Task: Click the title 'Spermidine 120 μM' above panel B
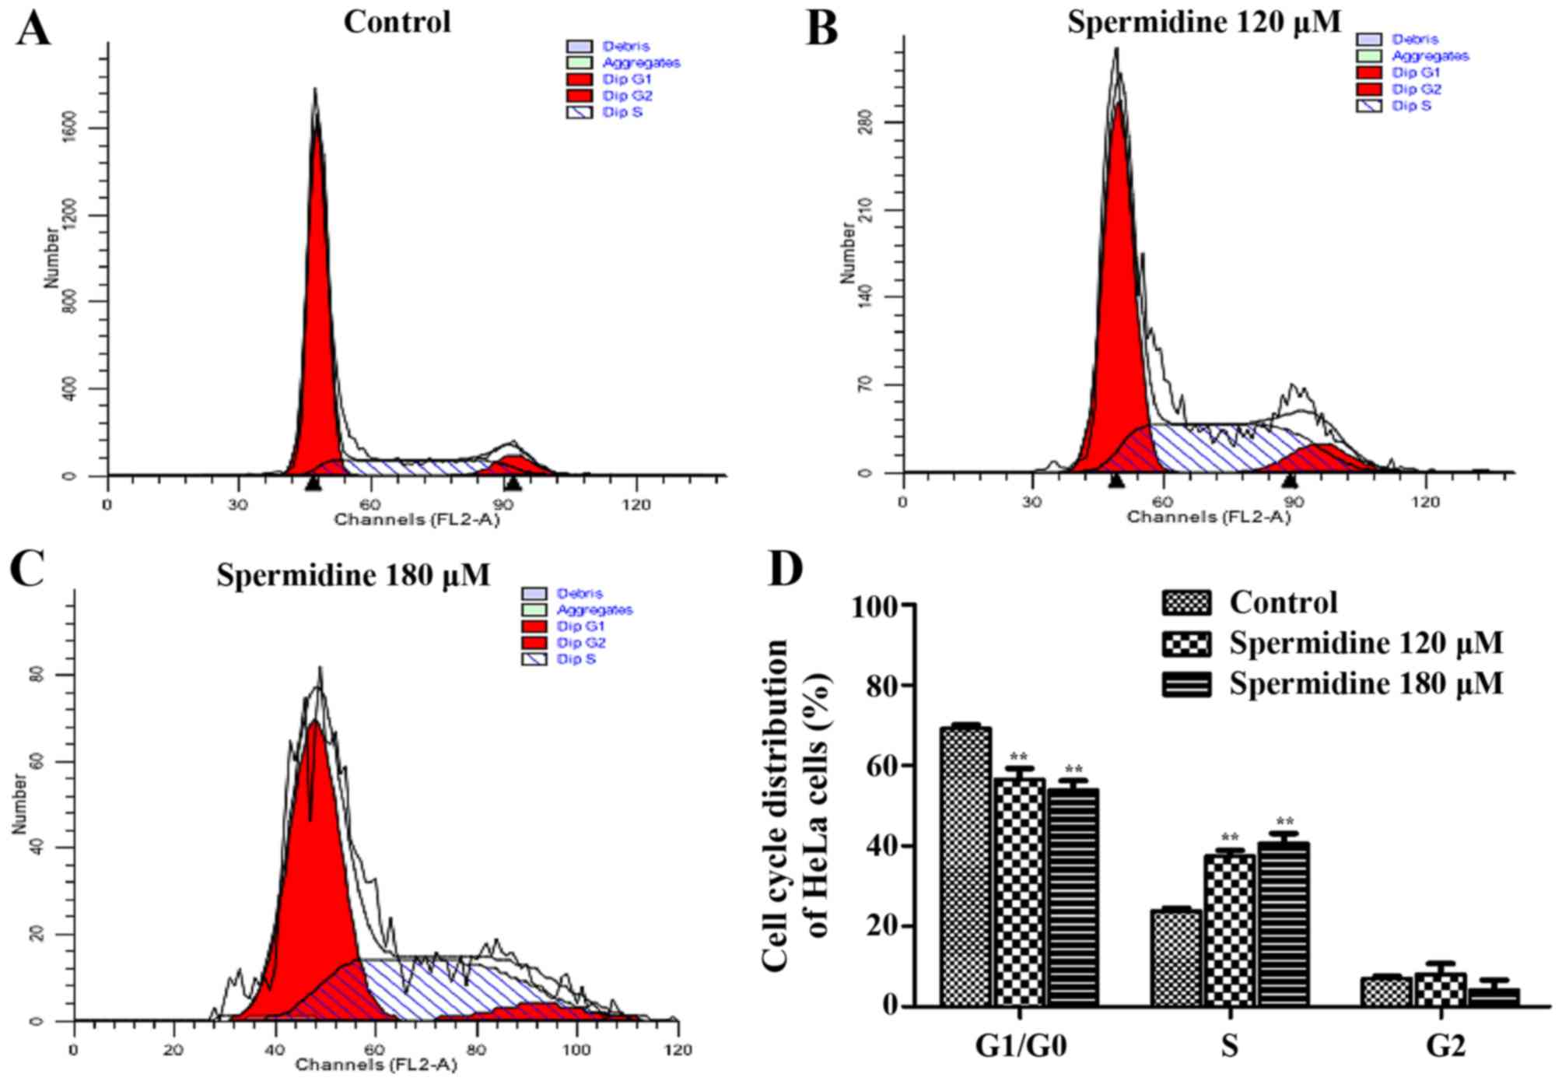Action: pyautogui.click(x=1203, y=22)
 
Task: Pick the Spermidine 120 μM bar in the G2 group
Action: pyautogui.click(x=1441, y=989)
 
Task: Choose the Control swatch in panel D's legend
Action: pyautogui.click(x=1186, y=602)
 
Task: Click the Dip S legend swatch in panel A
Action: pyautogui.click(x=580, y=112)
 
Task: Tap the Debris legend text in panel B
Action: pyautogui.click(x=1415, y=39)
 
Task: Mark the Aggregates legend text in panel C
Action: pyautogui.click(x=594, y=609)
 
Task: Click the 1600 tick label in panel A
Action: pyautogui.click(x=70, y=128)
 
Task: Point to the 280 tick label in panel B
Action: pyautogui.click(x=865, y=122)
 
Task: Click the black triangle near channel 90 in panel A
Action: pyautogui.click(x=512, y=484)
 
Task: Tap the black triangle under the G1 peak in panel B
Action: pyautogui.click(x=1116, y=481)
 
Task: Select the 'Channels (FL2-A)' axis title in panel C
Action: pyautogui.click(x=376, y=1064)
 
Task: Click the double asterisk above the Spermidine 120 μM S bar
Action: pyautogui.click(x=1229, y=838)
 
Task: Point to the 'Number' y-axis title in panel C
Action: pyautogui.click(x=19, y=804)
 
